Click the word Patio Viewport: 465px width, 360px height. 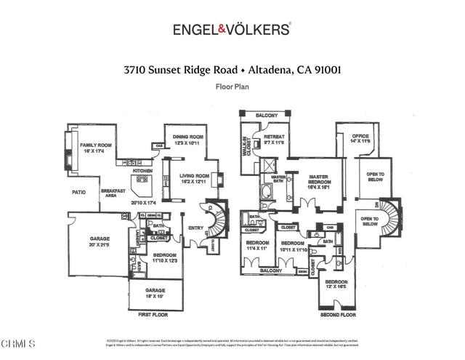tap(79, 193)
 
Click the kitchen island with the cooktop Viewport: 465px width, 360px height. tap(140, 179)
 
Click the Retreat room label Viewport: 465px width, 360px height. tap(273, 136)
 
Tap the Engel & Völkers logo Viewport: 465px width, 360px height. tap(232, 29)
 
